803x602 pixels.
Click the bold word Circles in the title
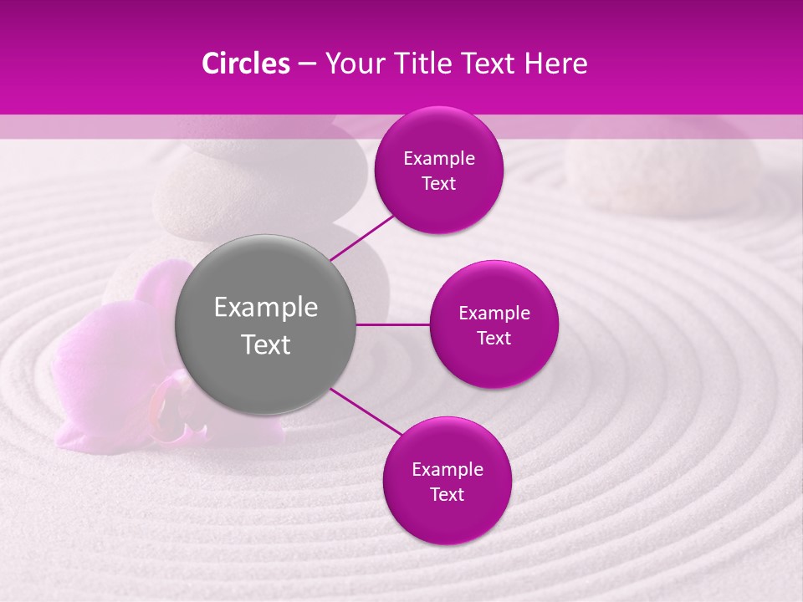[x=246, y=64]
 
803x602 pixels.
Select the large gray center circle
[x=266, y=324]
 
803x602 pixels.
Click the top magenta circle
[x=438, y=170]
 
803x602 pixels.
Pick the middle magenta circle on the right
[x=494, y=324]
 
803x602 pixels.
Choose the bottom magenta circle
[x=447, y=481]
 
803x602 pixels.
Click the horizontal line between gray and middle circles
[x=392, y=324]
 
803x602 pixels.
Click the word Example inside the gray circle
[x=266, y=308]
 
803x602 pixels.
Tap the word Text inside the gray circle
[x=266, y=344]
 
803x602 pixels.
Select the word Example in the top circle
[x=438, y=158]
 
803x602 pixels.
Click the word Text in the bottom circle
[x=447, y=494]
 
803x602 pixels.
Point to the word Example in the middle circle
[x=494, y=313]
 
